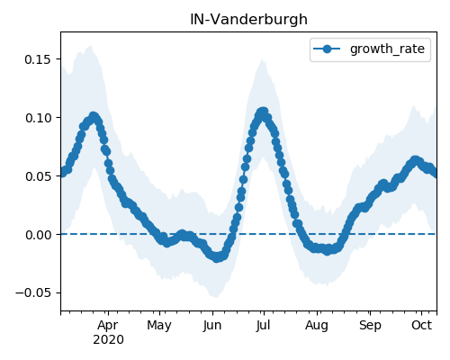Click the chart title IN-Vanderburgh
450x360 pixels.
[248, 20]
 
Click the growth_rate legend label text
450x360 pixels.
[387, 49]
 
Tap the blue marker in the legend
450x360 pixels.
[327, 49]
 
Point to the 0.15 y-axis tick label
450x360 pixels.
[38, 59]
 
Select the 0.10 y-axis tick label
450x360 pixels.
[38, 118]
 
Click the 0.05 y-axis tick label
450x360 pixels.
[38, 176]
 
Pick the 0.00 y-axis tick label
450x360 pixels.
[38, 235]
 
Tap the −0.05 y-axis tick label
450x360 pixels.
[33, 292]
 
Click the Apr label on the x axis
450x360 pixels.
[108, 325]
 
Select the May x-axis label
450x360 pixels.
[159, 325]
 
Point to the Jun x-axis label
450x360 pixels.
[212, 325]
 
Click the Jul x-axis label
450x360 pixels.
[263, 325]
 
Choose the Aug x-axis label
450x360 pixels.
[317, 325]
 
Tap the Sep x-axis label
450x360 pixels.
[370, 325]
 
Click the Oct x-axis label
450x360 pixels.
[421, 325]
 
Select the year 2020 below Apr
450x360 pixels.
[108, 340]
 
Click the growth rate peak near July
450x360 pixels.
[263, 112]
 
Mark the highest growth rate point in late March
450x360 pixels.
[94, 116]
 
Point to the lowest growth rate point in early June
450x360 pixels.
[217, 257]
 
